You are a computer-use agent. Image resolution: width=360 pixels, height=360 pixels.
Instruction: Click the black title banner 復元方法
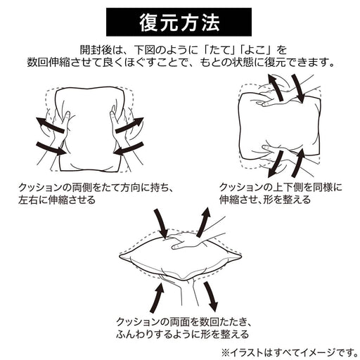tap(179, 22)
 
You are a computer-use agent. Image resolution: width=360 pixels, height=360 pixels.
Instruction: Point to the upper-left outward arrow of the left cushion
tap(50, 124)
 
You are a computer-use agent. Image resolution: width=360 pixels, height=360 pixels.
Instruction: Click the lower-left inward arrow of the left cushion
tap(51, 148)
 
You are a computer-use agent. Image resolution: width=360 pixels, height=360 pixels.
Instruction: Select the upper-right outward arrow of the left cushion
tap(129, 124)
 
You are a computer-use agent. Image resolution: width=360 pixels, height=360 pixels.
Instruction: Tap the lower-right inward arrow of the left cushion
tap(129, 148)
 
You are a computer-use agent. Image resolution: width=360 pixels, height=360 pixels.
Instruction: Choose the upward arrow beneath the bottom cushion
tap(157, 297)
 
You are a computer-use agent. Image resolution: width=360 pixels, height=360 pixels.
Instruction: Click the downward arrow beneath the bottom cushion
tap(210, 297)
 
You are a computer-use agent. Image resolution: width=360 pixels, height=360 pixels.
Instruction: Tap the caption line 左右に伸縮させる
tap(57, 200)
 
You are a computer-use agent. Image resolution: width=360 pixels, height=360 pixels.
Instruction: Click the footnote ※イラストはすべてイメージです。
tap(290, 352)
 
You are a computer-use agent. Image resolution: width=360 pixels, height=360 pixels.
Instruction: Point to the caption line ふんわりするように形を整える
tap(183, 334)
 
